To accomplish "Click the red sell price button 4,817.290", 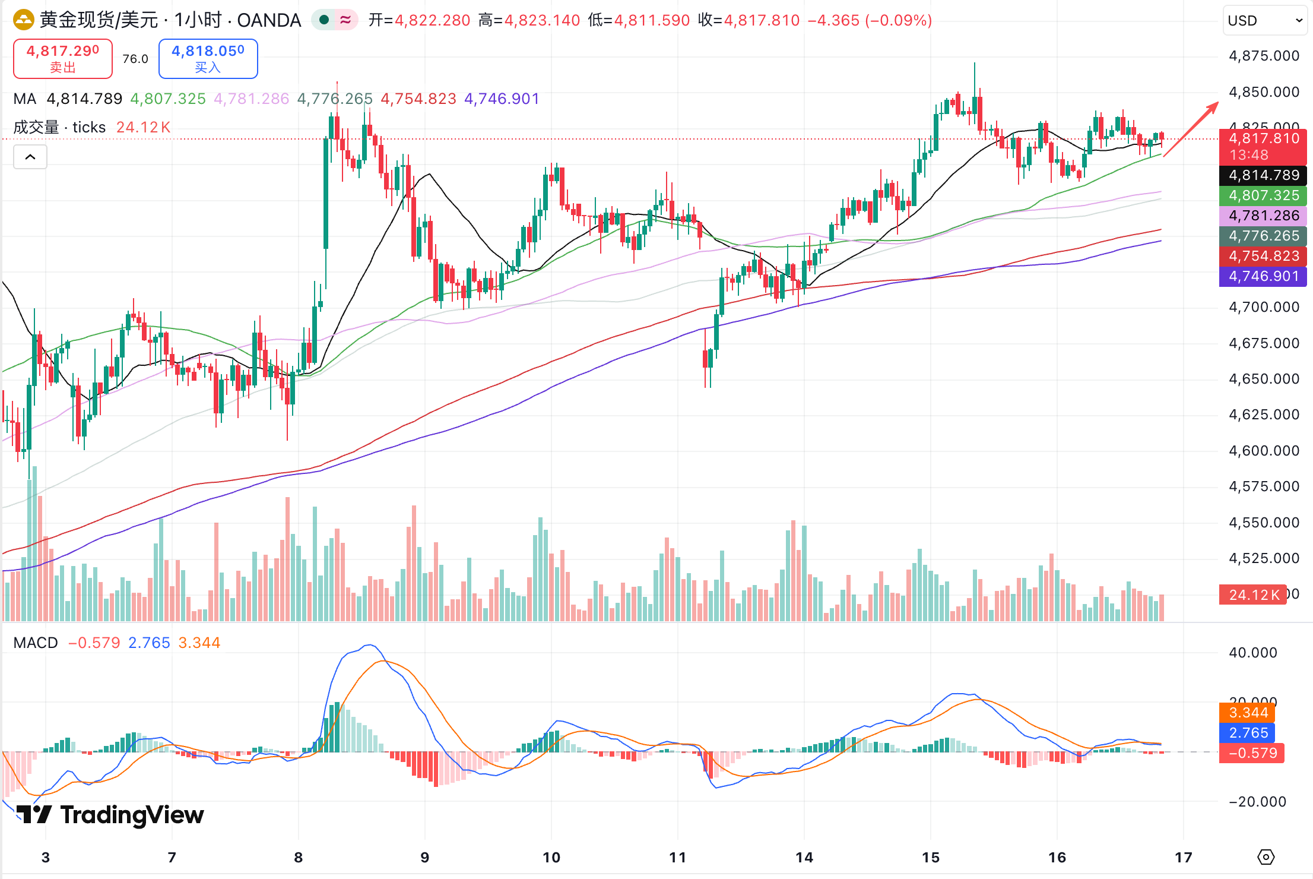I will point(62,58).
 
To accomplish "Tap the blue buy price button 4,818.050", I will point(208,58).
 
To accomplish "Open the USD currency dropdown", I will point(1264,21).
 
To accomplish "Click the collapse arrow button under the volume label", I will point(30,157).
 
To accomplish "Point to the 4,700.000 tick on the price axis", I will point(1264,307).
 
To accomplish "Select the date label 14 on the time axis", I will point(804,857).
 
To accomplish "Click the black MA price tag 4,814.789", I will point(1264,175).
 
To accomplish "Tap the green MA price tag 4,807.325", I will point(1264,195).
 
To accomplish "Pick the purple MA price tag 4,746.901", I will point(1264,276).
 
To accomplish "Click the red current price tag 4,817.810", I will point(1264,139).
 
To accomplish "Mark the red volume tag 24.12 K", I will point(1253,595).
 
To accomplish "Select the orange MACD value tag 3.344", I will point(1248,713).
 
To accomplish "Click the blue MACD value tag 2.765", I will point(1248,733).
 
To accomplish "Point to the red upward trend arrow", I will point(1191,129).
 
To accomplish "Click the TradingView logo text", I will point(132,815).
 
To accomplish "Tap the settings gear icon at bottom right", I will point(1266,857).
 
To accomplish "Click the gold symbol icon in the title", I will point(24,20).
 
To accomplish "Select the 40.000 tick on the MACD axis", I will point(1252,653).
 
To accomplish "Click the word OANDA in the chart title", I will point(269,20).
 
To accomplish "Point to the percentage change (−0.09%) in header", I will point(898,20).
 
